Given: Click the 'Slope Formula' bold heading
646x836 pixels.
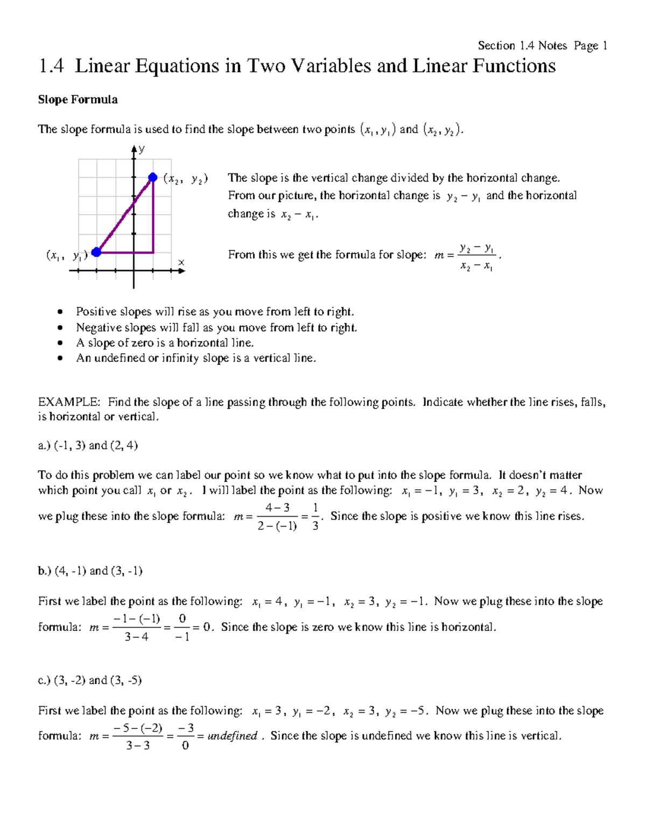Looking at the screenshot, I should (x=78, y=100).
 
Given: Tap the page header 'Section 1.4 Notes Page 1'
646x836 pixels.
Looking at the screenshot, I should (x=542, y=46).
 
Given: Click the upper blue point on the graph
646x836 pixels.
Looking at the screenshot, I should (x=153, y=177).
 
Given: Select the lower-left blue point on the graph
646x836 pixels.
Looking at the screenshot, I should (x=96, y=252).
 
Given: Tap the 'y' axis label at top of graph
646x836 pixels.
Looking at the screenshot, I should (x=142, y=150).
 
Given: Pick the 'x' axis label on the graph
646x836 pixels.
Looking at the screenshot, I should (x=181, y=263).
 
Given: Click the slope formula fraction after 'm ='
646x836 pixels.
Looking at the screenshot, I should (x=476, y=257).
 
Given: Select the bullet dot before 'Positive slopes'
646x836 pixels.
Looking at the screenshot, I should (x=60, y=312).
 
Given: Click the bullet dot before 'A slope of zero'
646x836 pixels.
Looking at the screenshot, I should (x=60, y=343).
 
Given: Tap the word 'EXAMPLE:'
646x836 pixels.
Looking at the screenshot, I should (x=68, y=402).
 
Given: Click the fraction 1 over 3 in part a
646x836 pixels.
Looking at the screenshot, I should (x=315, y=517).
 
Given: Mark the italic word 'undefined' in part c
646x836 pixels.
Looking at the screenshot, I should (x=232, y=736).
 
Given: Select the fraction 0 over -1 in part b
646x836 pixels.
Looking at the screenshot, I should (x=182, y=628).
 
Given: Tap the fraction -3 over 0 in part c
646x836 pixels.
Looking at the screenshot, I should (x=186, y=737).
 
